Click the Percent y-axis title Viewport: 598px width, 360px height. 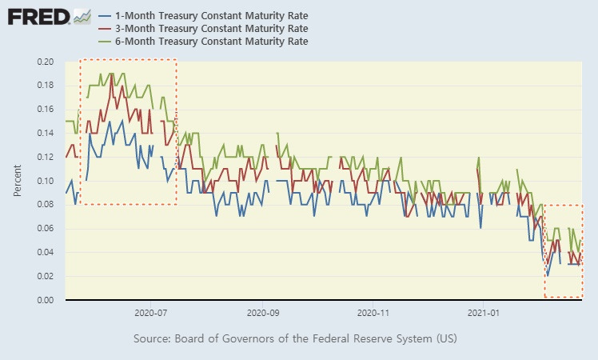[18, 181]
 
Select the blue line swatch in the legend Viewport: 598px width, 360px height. [104, 16]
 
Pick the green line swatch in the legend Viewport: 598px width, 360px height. [104, 41]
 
